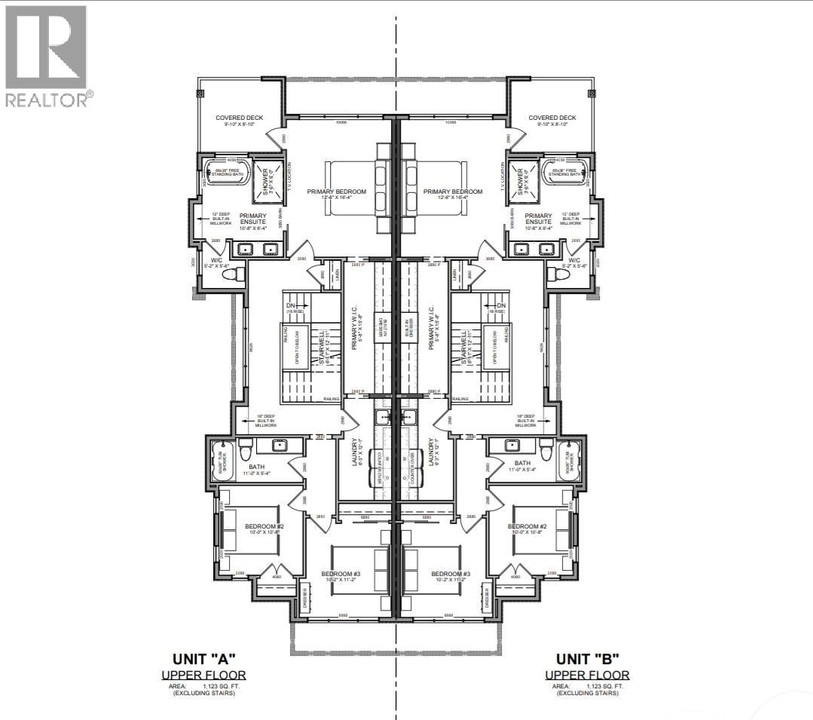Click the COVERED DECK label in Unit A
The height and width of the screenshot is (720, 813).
click(x=238, y=118)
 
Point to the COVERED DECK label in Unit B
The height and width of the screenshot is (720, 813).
click(x=552, y=118)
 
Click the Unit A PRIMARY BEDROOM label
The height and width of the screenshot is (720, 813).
click(x=336, y=192)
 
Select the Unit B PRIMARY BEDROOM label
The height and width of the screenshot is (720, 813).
click(x=453, y=192)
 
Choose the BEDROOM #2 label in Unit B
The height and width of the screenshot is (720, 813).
click(x=527, y=526)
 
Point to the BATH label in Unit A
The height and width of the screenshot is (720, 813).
click(x=257, y=465)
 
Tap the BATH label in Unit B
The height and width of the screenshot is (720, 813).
click(x=522, y=464)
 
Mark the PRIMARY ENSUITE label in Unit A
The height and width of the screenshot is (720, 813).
click(x=252, y=219)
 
